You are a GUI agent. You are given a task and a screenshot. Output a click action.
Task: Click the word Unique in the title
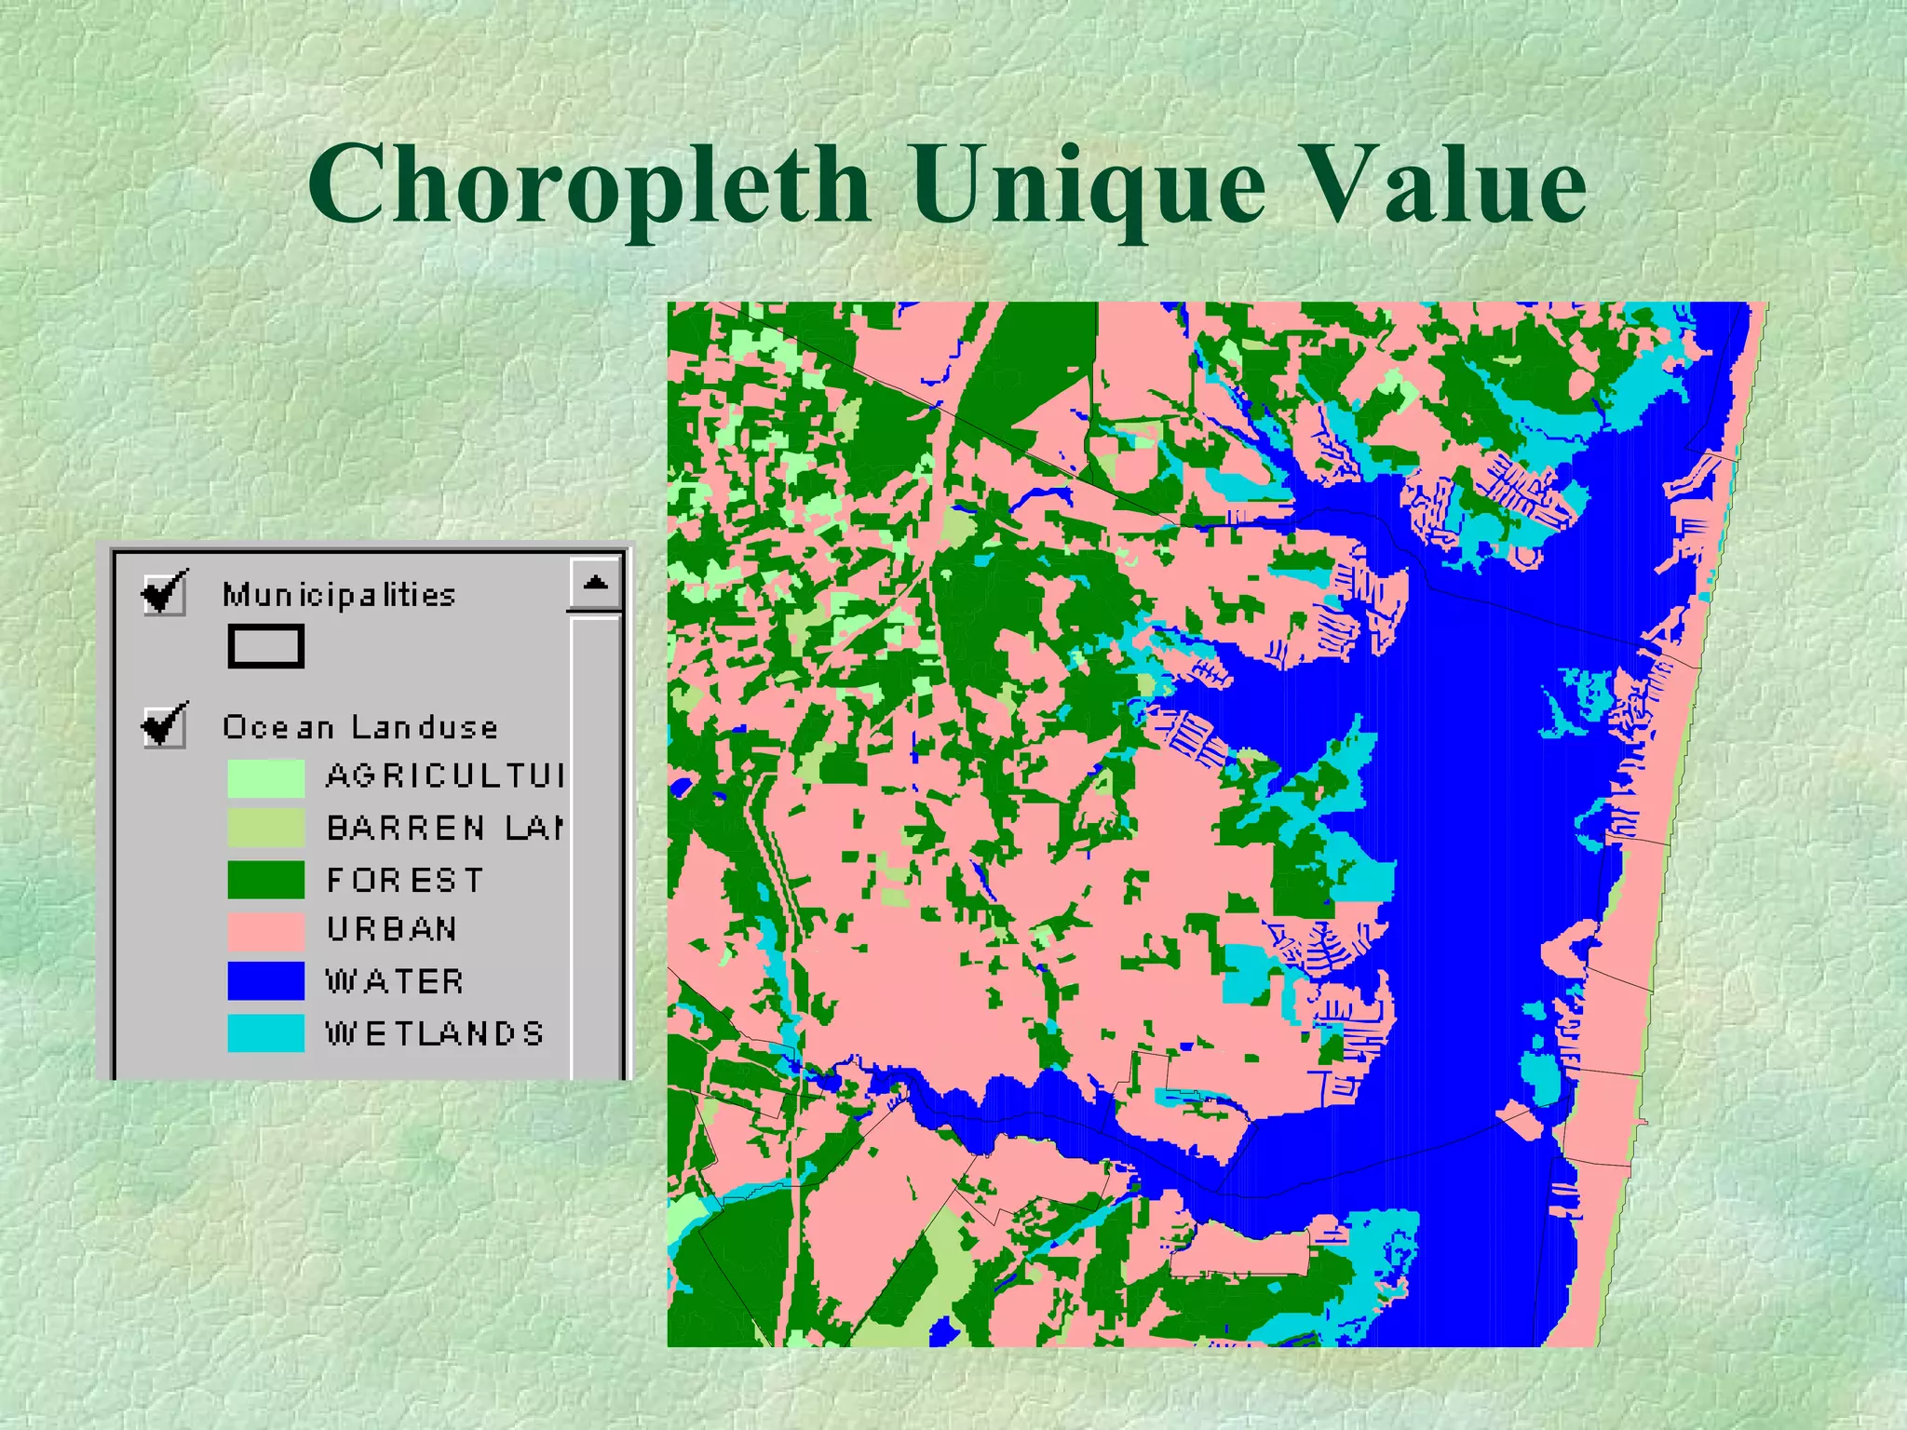click(x=1089, y=186)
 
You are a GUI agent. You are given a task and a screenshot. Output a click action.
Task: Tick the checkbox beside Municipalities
click(x=164, y=592)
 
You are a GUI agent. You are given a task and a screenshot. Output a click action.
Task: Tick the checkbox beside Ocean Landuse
click(x=164, y=724)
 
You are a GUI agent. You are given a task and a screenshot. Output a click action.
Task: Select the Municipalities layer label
click(x=339, y=594)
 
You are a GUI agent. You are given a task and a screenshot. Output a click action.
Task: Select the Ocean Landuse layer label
click(x=360, y=726)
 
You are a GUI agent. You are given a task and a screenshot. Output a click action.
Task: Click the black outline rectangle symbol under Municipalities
click(x=265, y=645)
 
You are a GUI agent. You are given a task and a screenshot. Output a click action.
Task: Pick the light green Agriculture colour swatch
click(x=265, y=777)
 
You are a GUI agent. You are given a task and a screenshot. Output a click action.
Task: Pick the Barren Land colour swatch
click(x=265, y=828)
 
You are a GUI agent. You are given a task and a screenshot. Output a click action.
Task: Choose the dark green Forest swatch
click(x=265, y=879)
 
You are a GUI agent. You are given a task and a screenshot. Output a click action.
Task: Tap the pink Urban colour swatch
click(x=265, y=929)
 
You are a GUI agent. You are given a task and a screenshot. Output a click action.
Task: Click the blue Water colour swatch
click(x=265, y=980)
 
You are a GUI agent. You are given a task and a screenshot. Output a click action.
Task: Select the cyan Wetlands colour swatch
click(x=265, y=1032)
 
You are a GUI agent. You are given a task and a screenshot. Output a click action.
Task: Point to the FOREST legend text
click(x=405, y=880)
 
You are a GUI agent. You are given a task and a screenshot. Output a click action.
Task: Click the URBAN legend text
click(x=392, y=929)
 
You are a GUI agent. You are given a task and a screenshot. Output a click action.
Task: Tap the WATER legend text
click(x=395, y=981)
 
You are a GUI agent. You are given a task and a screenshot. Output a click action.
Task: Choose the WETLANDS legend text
click(x=435, y=1033)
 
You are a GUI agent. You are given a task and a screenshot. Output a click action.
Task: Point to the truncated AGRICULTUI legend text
click(x=445, y=776)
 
